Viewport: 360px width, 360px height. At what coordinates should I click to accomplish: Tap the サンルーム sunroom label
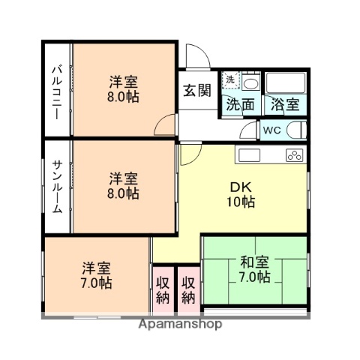[56, 187]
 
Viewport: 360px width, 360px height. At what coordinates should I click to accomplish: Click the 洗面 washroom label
[240, 106]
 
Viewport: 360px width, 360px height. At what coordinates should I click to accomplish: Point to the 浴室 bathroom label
[285, 106]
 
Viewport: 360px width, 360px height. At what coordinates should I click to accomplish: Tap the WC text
[271, 130]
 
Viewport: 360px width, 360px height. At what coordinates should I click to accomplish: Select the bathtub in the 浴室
[285, 83]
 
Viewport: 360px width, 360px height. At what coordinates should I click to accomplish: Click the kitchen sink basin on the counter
[249, 156]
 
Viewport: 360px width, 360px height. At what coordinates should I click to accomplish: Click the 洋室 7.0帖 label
[97, 275]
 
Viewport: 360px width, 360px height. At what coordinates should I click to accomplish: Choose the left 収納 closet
[163, 289]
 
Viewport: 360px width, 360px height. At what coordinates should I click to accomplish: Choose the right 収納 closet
[187, 289]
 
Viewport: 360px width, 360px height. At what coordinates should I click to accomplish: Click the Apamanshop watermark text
[179, 326]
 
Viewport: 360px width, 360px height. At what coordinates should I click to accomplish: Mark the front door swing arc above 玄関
[196, 56]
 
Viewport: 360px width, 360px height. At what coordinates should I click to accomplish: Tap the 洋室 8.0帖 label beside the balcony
[123, 89]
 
